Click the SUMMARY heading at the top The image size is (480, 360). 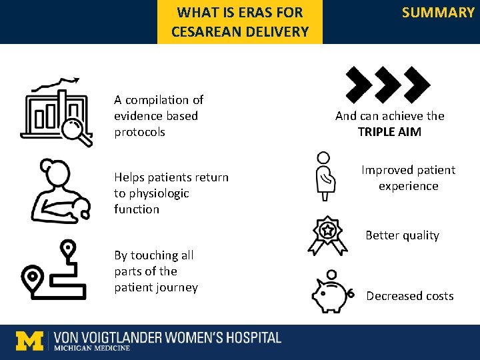438,13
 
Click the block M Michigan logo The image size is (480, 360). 29,341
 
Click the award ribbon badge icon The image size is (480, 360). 327,235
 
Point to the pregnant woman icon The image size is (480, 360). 325,177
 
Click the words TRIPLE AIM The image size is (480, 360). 389,132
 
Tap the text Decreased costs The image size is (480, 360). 410,296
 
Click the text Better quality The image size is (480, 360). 402,235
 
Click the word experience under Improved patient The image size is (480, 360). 409,186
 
